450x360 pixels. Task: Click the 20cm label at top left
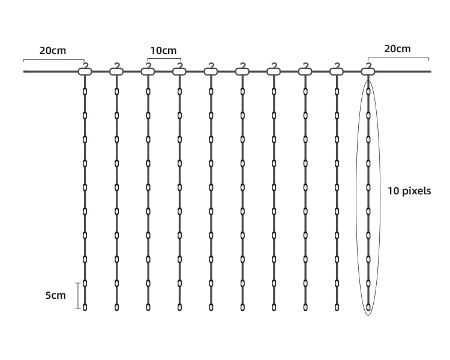pos(53,50)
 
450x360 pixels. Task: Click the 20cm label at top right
pos(397,49)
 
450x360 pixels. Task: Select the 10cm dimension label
pos(163,50)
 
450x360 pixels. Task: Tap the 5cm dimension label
pos(55,295)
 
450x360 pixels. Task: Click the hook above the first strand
pos(85,65)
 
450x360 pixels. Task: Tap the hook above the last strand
pos(368,65)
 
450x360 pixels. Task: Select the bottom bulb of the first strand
pos(85,307)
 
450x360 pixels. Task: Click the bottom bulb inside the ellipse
pos(368,307)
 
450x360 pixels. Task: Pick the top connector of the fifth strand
pos(211,72)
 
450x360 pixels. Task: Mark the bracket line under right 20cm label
pos(398,59)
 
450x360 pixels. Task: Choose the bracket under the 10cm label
pos(164,59)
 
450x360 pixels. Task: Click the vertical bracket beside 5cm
pos(77,295)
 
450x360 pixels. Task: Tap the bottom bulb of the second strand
pos(116,307)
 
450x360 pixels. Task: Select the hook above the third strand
pos(148,65)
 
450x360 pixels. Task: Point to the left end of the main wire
pos(25,72)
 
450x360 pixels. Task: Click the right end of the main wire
pos(430,72)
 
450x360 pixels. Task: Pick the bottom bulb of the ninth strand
pos(337,307)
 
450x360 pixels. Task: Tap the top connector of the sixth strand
pos(242,72)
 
